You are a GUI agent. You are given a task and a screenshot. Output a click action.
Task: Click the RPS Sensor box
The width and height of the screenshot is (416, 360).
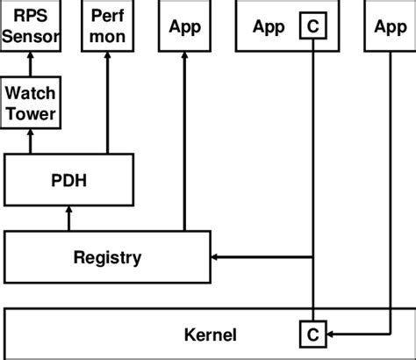30,27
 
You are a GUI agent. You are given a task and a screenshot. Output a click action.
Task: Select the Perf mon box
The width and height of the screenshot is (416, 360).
108,27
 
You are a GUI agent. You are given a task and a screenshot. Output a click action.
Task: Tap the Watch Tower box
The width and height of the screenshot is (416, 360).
30,103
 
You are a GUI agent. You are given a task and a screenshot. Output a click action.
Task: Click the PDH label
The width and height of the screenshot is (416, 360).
68,179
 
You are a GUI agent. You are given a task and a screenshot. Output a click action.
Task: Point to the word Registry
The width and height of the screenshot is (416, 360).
107,257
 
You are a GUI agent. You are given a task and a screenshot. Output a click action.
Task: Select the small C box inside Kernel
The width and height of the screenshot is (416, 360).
313,334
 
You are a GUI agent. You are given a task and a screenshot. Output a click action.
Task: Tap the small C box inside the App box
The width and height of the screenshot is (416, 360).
313,27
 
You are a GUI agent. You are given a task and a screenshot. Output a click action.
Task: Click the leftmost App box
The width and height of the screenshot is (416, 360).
184,27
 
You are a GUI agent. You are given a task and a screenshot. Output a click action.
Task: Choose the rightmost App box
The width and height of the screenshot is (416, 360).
390,27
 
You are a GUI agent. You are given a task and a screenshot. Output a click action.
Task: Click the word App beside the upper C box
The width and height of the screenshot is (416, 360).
269,27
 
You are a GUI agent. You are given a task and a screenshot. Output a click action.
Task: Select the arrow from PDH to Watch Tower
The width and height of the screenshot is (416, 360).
30,141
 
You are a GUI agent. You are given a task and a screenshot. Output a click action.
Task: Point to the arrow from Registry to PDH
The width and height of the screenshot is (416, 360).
68,217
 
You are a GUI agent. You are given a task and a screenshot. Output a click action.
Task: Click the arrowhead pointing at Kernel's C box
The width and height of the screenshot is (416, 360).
331,334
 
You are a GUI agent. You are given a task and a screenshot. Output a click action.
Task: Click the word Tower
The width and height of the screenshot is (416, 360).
30,113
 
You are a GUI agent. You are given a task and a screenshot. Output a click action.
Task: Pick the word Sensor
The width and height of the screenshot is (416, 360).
30,38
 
